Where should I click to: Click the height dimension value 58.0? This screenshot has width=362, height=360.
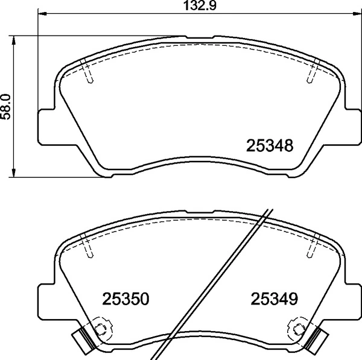pyautogui.click(x=7, y=107)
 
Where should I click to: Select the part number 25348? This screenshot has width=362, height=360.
pyautogui.click(x=270, y=146)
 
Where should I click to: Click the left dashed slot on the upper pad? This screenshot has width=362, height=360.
pyautogui.click(x=88, y=73)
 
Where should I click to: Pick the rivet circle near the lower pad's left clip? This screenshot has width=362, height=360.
pyautogui.click(x=101, y=329)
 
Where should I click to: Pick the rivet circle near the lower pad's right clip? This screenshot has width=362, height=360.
pyautogui.click(x=299, y=329)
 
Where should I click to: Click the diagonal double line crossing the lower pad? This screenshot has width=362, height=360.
pyautogui.click(x=217, y=283)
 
